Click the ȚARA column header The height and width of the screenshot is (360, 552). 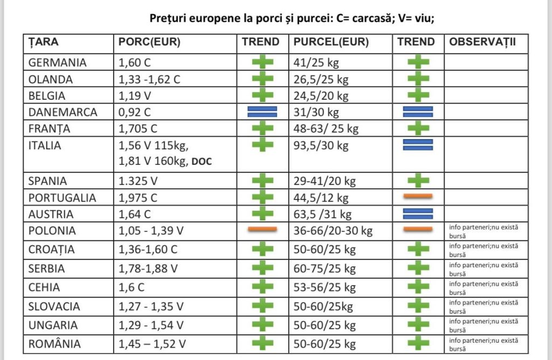click(43, 42)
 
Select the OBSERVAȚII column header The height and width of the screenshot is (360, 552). click(482, 42)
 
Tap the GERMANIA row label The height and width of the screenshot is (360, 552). click(57, 63)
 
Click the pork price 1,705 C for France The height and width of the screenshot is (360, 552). click(137, 129)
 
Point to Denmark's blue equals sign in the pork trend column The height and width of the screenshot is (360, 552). click(263, 112)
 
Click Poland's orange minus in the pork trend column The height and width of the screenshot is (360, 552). click(263, 230)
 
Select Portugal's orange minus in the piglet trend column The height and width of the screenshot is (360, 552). click(418, 196)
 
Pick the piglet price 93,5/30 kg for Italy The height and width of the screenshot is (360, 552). click(321, 146)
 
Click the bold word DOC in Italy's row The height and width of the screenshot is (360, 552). click(202, 162)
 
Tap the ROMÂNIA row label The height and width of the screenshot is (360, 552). click(54, 344)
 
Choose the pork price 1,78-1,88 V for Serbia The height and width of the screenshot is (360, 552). click(148, 269)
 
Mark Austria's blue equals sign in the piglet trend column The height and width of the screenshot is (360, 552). click(418, 213)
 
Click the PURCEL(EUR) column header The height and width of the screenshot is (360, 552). click(331, 42)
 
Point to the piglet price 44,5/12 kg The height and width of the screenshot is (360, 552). click(321, 198)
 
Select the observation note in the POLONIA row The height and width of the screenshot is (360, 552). click(484, 232)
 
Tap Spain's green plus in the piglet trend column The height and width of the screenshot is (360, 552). click(418, 181)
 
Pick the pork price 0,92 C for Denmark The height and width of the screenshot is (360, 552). click(134, 112)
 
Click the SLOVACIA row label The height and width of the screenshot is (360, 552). click(54, 307)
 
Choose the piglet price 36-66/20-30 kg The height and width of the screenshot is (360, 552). click(333, 231)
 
